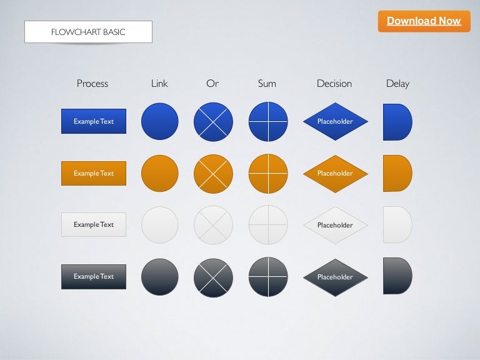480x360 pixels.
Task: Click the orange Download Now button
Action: pyautogui.click(x=424, y=21)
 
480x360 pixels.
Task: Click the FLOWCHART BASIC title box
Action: pyautogui.click(x=89, y=32)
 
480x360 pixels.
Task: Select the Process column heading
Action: pyautogui.click(x=92, y=83)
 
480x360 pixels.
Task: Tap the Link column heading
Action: pyautogui.click(x=159, y=83)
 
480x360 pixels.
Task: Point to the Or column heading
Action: pyautogui.click(x=212, y=83)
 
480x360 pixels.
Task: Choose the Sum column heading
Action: pyautogui.click(x=267, y=83)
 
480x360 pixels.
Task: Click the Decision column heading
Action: pyautogui.click(x=334, y=83)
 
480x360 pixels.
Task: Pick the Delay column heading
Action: pyautogui.click(x=397, y=84)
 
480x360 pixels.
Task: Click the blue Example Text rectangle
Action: pyautogui.click(x=94, y=121)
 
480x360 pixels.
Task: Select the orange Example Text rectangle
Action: pyautogui.click(x=94, y=173)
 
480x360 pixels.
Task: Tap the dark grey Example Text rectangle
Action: pyautogui.click(x=94, y=277)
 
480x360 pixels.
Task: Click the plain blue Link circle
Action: pyautogui.click(x=160, y=121)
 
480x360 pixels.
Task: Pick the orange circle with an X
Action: pyautogui.click(x=213, y=174)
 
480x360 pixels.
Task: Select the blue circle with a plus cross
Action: pyautogui.click(x=268, y=122)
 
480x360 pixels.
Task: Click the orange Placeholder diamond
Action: pyautogui.click(x=336, y=174)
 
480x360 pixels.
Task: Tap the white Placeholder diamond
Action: pyautogui.click(x=336, y=225)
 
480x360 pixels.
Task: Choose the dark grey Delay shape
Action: pyautogui.click(x=397, y=276)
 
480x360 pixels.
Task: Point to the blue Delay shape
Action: pyautogui.click(x=397, y=122)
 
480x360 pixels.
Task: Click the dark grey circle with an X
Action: pyautogui.click(x=213, y=278)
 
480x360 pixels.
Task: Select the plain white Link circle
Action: pyautogui.click(x=160, y=225)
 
